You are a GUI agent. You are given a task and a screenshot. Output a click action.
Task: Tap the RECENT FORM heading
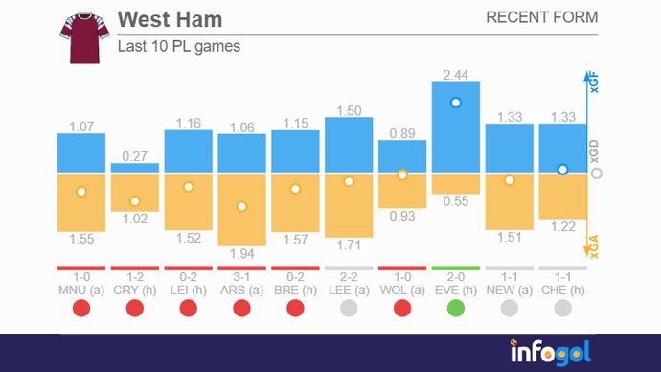pos(541,17)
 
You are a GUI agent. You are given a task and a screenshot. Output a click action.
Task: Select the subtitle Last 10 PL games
pos(178,46)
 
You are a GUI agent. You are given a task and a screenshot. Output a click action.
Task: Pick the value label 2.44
pos(456,74)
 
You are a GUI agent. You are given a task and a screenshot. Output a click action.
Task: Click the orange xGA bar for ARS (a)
pos(241,209)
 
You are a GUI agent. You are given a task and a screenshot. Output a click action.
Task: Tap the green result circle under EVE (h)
pos(456,308)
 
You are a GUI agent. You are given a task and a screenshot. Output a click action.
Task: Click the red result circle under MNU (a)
pos(80,308)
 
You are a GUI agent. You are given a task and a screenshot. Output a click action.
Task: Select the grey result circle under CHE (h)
pos(563,308)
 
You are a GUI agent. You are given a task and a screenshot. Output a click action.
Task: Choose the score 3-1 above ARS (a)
pos(241,276)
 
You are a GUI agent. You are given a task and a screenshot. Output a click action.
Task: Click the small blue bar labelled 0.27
pos(134,169)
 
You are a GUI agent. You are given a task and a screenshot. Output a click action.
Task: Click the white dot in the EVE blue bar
pos(456,102)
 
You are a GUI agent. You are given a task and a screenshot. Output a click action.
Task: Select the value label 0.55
pos(456,201)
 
